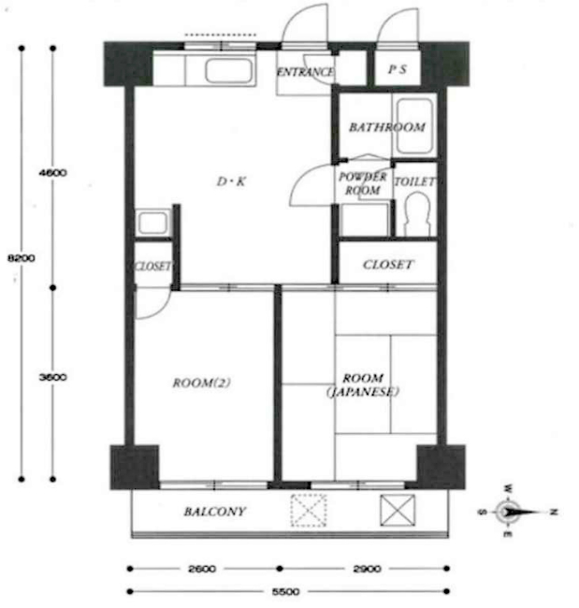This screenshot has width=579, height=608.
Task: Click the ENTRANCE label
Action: pos(305,72)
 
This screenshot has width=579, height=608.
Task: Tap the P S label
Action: pos(398,69)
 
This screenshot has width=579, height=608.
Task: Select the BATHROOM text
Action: pos(387,127)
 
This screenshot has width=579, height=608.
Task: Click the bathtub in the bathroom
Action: pos(414,126)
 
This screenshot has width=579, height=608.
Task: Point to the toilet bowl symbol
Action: pos(417,214)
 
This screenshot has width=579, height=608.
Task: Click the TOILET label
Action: pos(414,181)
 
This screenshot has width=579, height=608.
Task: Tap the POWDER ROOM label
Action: pos(363,183)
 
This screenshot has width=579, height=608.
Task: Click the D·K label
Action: pos(231,181)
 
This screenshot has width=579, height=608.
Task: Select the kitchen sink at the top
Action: pos(229,70)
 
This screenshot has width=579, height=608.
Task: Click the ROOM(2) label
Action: pos(202,384)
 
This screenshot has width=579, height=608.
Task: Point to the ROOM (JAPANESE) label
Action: pos(363,384)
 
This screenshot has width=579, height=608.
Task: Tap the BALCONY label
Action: pos(215,512)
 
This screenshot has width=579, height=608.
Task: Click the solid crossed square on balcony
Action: pos(398,511)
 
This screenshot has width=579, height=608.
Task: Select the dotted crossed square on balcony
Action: pos(309,511)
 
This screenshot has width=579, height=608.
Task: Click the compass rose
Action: pos(509,512)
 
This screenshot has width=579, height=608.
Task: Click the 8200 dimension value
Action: pos(22,258)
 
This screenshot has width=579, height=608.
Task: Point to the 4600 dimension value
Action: pos(52,173)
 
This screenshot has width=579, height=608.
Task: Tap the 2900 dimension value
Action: pos(367,569)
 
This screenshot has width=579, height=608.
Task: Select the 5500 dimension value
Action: pos(286,592)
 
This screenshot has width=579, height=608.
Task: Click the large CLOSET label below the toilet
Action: pos(388,265)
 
